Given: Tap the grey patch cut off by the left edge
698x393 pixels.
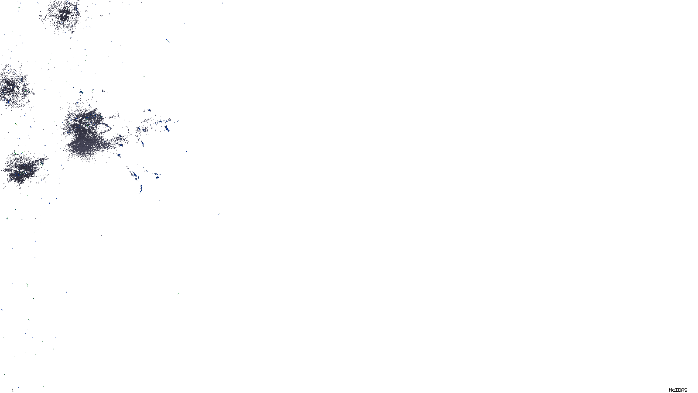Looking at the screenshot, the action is pos(13,87).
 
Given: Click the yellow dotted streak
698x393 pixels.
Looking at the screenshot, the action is pos(17,125).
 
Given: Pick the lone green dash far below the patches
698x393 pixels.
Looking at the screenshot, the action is pos(178,294).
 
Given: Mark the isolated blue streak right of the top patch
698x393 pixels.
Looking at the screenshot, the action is pos(167,41).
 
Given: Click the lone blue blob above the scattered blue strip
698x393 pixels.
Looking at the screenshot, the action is pos(148,110).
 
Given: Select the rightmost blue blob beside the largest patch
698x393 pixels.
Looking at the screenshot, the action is pos(167,128).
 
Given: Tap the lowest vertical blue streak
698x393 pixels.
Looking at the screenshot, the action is pos(141,189).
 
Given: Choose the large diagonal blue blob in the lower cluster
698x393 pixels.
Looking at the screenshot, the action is pos(134,176).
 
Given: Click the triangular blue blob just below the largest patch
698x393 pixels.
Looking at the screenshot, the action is pos(119,155).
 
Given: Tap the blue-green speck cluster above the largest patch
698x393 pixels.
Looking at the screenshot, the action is pos(81,93).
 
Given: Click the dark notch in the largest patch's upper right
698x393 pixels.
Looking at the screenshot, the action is pos(105,127).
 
